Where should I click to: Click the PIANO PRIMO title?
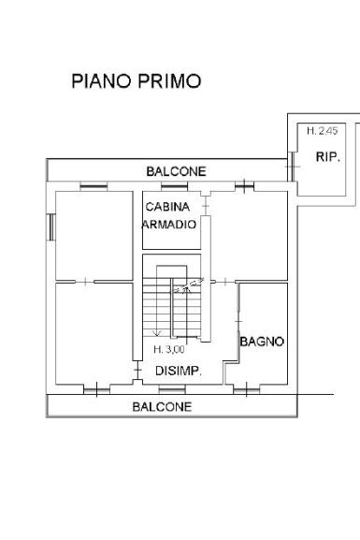click(137, 81)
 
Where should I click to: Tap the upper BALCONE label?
click(176, 171)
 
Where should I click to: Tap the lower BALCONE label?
click(162, 407)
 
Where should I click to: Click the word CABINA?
click(167, 207)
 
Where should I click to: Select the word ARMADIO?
click(169, 225)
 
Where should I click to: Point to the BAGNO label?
click(262, 342)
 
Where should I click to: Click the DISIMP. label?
click(179, 371)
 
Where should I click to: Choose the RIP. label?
click(328, 157)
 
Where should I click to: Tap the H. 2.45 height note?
click(323, 131)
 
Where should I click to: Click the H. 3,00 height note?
click(169, 349)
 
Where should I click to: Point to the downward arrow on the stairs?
click(157, 331)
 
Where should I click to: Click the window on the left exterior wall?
click(50, 227)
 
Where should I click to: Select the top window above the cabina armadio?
click(175, 187)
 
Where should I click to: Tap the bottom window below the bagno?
click(247, 390)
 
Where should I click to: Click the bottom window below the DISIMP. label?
click(172, 390)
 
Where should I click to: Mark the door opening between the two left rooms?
click(85, 282)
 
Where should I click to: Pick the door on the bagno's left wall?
click(238, 321)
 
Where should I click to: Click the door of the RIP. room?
click(292, 167)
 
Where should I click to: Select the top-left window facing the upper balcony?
click(94, 187)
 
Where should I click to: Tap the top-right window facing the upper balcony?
click(244, 186)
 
